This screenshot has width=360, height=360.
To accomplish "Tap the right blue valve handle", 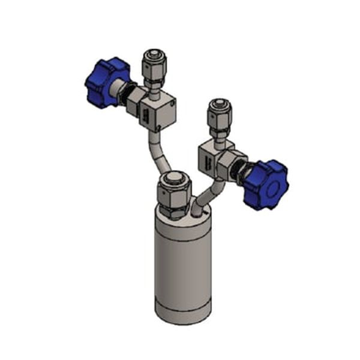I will (x=266, y=184).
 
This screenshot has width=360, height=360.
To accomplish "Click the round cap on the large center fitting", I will (x=173, y=179).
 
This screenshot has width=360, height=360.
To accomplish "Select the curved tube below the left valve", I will (x=158, y=152).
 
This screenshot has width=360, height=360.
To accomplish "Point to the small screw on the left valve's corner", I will (x=173, y=104).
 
